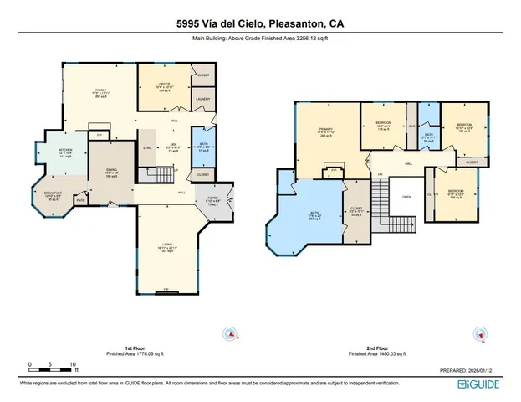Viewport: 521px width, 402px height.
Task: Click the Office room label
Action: coord(165,85)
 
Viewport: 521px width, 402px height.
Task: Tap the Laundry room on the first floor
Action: coord(203,99)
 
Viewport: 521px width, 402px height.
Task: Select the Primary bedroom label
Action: coord(326,133)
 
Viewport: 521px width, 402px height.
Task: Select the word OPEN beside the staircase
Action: coord(406,198)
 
